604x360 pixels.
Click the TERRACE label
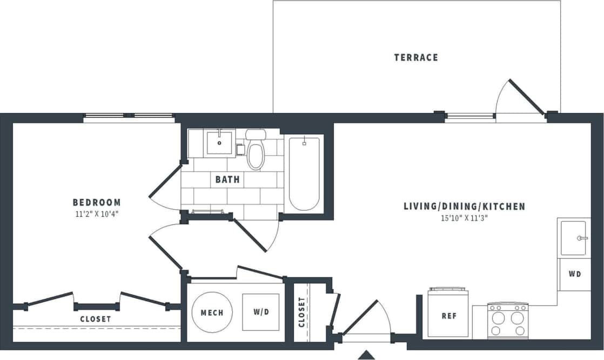(x=416, y=57)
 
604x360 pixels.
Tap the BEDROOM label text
(x=97, y=202)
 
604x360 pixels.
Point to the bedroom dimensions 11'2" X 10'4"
(x=97, y=214)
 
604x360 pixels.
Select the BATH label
(x=227, y=179)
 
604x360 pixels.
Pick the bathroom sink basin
(x=219, y=143)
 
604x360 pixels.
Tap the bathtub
(x=304, y=173)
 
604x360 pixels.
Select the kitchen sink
(x=574, y=238)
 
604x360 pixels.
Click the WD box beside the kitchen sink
(x=575, y=274)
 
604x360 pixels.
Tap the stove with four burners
(x=508, y=321)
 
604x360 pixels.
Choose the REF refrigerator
(x=448, y=316)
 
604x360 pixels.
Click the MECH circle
(x=212, y=313)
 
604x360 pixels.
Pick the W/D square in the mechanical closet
(x=260, y=312)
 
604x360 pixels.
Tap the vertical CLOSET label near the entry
(x=301, y=312)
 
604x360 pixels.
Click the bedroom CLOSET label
(x=96, y=319)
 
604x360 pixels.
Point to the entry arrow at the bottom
(x=367, y=355)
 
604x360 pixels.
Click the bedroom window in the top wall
(x=129, y=116)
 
